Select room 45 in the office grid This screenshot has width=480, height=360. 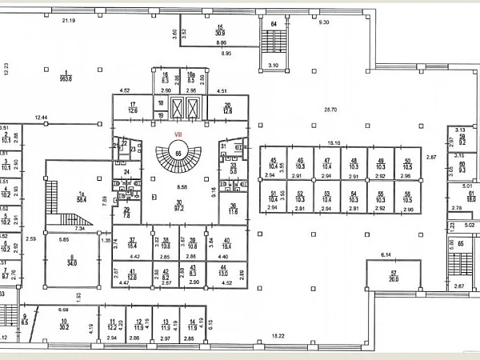[274, 162]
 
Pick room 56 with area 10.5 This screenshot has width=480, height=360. [408, 196]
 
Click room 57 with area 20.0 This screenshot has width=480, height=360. [393, 274]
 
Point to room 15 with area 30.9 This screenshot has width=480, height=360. [219, 31]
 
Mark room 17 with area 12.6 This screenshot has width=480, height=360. [134, 108]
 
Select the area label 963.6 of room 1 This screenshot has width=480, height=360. [64, 79]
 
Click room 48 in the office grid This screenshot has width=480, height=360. [352, 162]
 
